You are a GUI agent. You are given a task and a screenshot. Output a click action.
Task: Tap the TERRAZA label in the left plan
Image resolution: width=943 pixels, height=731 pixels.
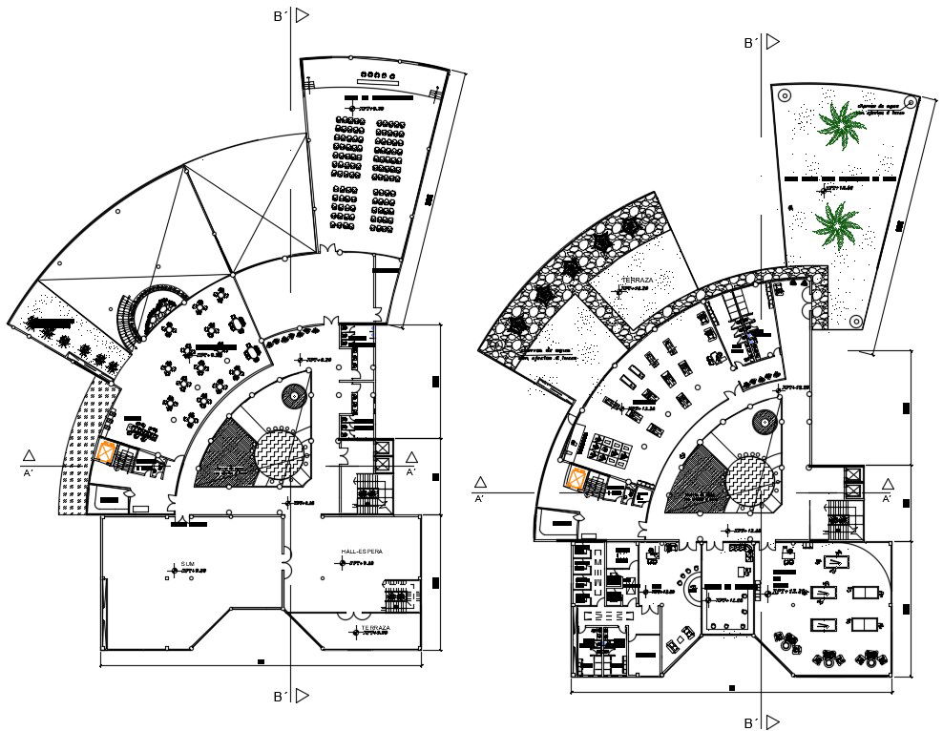tap(374, 628)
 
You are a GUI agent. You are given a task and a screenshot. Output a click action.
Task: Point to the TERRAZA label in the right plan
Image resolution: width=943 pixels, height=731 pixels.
tap(637, 280)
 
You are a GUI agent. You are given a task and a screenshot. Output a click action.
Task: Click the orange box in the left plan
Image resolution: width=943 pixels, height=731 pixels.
tap(107, 452)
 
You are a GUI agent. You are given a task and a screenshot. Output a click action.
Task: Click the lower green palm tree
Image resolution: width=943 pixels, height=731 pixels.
tap(837, 225)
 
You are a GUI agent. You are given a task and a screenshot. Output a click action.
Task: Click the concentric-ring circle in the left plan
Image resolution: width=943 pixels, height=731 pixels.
tap(294, 395)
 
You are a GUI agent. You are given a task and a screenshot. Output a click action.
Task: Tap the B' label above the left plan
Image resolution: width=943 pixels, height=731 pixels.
tap(280, 16)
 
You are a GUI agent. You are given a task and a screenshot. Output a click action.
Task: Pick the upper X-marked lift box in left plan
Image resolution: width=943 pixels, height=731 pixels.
tap(383, 448)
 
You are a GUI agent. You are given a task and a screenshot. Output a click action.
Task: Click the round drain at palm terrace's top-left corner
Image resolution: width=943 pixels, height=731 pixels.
tap(785, 95)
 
